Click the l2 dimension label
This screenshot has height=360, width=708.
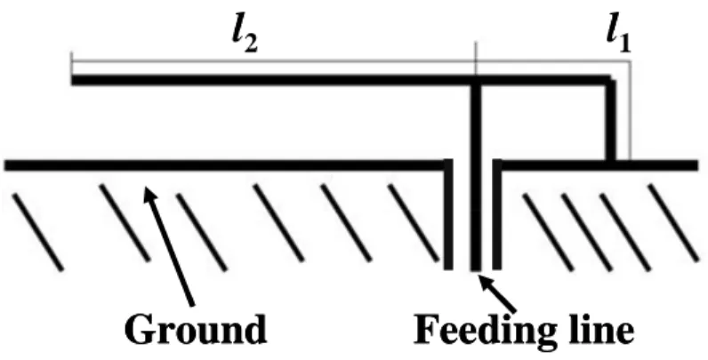[245, 37]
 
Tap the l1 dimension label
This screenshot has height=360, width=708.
[618, 37]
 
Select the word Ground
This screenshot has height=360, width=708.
[196, 329]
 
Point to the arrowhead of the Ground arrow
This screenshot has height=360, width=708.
[149, 196]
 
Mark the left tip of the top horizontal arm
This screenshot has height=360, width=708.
[72, 80]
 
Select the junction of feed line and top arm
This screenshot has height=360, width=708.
[476, 81]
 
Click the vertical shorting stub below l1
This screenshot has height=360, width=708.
[610, 121]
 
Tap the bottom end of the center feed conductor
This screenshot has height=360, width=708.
[476, 269]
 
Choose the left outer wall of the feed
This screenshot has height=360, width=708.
[448, 214]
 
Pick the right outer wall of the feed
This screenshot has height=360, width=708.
[496, 214]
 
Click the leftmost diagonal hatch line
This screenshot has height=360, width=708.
[37, 232]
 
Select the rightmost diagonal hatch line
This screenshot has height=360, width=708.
[673, 223]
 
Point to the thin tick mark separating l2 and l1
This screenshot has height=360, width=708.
[476, 59]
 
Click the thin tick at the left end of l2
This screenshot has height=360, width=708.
[72, 64]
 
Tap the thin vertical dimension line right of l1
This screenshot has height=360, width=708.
[630, 110]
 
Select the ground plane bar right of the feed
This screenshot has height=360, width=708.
[598, 165]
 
